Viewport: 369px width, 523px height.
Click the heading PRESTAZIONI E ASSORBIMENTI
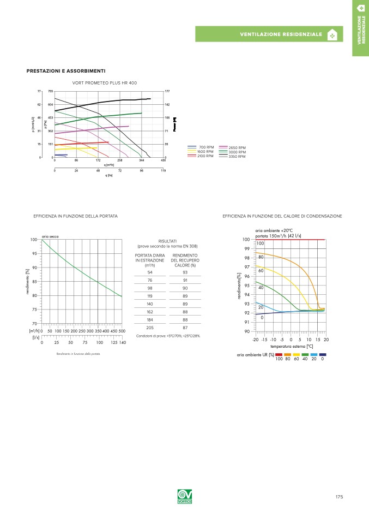(66, 71)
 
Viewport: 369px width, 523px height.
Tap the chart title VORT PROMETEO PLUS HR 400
(105, 82)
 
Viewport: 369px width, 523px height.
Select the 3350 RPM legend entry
(237, 157)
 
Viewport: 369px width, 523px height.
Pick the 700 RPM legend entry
(206, 147)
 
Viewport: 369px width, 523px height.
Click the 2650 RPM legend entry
(237, 147)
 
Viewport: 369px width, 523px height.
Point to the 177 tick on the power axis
(167, 91)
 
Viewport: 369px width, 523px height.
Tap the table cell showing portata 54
(150, 272)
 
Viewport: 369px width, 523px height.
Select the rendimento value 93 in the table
(185, 272)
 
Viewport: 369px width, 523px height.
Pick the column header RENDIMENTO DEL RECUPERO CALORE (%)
(185, 260)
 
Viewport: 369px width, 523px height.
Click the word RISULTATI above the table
(167, 240)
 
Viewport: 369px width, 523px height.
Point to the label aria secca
(50, 236)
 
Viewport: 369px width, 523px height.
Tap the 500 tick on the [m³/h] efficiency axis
(122, 331)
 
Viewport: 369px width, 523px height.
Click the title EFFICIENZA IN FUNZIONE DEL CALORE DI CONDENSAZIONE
(282, 216)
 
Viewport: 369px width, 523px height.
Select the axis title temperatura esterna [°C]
(291, 346)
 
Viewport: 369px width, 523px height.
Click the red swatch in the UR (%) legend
(279, 355)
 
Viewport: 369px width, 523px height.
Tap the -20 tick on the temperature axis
(255, 340)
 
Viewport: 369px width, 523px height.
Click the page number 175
(339, 497)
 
